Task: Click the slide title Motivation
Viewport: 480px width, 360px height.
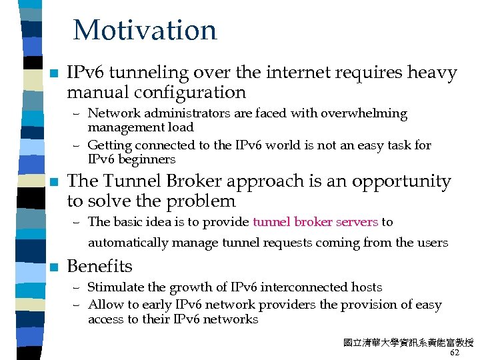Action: click(145, 31)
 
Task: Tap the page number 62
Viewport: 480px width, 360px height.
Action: click(455, 353)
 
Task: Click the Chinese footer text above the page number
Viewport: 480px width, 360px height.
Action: click(408, 343)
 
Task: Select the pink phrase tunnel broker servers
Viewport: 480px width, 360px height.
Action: click(315, 222)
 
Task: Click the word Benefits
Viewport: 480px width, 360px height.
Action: click(100, 266)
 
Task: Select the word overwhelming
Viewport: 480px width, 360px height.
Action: click(365, 113)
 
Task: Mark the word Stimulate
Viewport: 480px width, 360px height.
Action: click(115, 287)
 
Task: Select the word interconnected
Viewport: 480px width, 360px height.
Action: click(301, 287)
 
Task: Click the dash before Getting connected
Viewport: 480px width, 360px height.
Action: click(77, 145)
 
